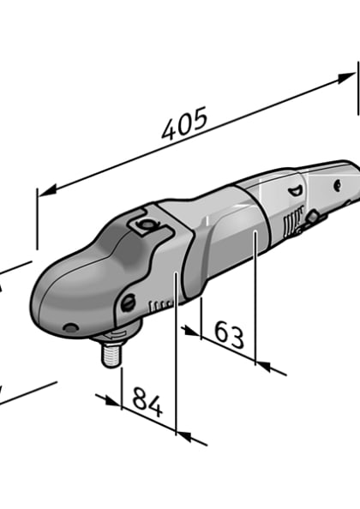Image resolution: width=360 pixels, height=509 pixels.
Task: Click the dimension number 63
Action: pos(229,335)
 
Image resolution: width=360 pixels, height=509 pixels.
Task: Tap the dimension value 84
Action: pos(148,402)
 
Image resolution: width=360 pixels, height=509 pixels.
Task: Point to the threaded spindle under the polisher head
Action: pos(112,351)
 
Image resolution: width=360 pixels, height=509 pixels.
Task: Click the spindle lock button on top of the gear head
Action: pos(143,226)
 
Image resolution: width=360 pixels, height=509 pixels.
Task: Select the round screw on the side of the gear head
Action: pos(128,302)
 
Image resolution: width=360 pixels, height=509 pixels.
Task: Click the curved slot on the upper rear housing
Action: pos(296,193)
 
